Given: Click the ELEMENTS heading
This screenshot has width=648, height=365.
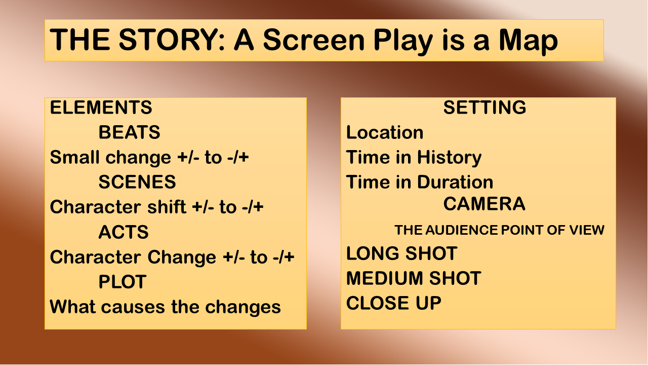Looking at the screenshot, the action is click(x=101, y=107).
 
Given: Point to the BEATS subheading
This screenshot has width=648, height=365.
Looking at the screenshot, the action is click(x=129, y=132).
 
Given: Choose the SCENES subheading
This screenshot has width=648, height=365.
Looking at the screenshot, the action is click(x=137, y=182).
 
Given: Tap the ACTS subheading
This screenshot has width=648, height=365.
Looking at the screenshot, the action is click(x=124, y=232).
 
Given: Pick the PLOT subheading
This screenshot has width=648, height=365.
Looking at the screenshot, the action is click(x=123, y=282).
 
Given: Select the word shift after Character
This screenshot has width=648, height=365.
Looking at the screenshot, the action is click(x=167, y=207).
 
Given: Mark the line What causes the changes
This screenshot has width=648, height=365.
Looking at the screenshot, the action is click(x=165, y=307).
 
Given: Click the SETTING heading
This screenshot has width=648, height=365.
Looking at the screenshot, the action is click(x=484, y=107).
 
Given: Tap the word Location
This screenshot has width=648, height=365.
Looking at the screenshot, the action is click(x=385, y=132).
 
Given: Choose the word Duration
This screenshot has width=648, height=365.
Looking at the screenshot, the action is click(x=455, y=182).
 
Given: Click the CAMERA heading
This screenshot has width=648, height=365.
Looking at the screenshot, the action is click(x=484, y=204).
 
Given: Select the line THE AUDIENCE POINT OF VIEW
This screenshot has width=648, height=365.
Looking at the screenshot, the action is click(x=499, y=230).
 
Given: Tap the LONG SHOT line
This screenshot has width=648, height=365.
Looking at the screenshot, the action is click(x=402, y=253).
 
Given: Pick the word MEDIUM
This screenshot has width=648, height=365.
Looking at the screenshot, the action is click(x=384, y=278).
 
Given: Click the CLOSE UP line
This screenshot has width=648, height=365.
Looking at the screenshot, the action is click(x=394, y=303).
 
